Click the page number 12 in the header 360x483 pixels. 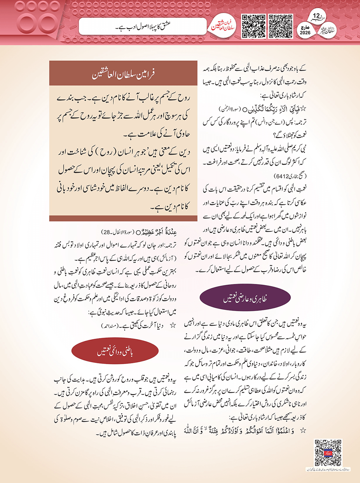tap(316, 16)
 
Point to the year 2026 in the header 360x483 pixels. tap(305, 33)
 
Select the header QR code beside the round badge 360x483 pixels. tap(253, 26)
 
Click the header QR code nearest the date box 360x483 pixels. tap(280, 26)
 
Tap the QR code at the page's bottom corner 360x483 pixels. tap(328, 453)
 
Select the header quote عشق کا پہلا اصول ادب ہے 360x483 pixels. tap(143, 26)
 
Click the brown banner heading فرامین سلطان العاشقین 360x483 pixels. tap(123, 74)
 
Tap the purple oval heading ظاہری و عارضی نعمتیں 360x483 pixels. tap(245, 298)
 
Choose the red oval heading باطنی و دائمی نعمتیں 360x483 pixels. tap(115, 351)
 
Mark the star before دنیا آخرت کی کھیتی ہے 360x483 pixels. tap(172, 326)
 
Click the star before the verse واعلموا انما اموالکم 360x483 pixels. tap(303, 430)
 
